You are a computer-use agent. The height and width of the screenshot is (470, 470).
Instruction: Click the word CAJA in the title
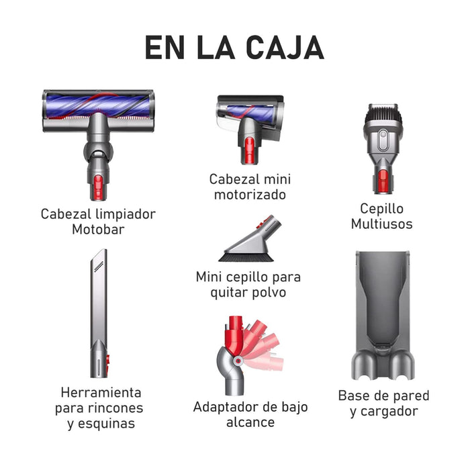(x=285, y=48)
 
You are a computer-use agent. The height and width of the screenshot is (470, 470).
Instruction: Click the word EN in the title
(x=164, y=48)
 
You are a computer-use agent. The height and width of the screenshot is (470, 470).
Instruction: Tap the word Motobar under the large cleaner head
(x=98, y=230)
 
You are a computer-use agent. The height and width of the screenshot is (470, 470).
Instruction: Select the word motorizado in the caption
(x=250, y=195)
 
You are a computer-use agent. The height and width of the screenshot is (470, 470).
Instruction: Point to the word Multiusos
(x=381, y=224)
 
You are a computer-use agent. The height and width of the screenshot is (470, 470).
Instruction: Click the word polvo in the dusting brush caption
(x=269, y=293)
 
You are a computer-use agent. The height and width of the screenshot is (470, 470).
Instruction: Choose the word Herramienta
(x=101, y=393)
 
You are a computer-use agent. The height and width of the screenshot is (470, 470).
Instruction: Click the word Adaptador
(x=226, y=408)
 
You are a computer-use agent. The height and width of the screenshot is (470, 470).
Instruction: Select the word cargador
(x=389, y=412)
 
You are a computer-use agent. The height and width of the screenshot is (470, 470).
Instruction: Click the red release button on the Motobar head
(x=98, y=187)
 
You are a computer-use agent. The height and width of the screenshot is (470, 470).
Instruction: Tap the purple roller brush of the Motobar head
(x=98, y=105)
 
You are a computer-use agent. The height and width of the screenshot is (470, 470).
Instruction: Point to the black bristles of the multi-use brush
(x=383, y=115)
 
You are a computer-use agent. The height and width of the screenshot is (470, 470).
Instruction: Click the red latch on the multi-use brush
(x=383, y=181)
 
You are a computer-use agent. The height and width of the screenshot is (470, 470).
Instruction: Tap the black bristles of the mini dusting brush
(x=246, y=257)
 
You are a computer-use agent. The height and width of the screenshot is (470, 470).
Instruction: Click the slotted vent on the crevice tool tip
(x=99, y=266)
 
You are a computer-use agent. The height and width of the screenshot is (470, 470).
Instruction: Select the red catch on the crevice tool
(x=107, y=361)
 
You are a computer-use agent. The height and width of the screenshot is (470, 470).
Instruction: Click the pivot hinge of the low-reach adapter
(x=238, y=361)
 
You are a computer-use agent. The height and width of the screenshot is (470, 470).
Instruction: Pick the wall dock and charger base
(x=383, y=316)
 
